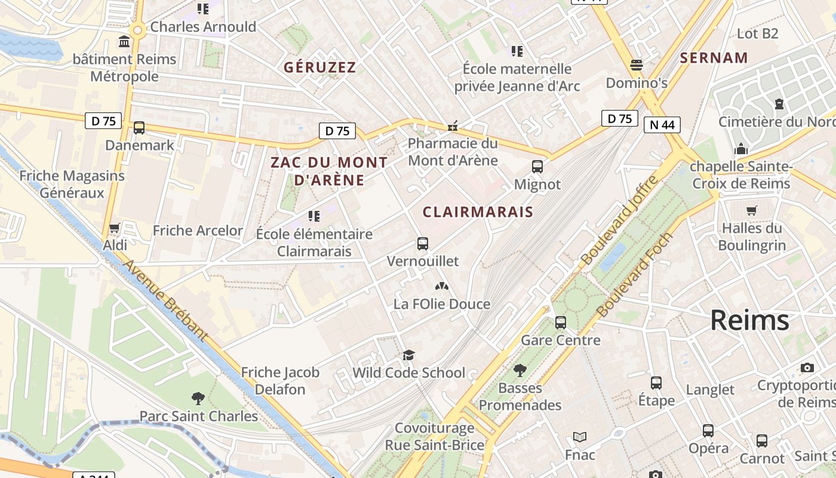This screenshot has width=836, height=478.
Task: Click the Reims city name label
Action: (x=749, y=321)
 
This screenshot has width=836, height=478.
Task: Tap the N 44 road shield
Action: (x=662, y=125)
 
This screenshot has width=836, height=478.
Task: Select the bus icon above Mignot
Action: (x=537, y=167)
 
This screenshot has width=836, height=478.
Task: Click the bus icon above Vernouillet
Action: (x=423, y=244)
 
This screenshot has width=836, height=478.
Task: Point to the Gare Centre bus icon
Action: (x=561, y=323)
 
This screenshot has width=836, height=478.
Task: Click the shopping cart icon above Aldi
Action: (x=115, y=228)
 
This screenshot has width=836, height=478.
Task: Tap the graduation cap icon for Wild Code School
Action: (x=408, y=356)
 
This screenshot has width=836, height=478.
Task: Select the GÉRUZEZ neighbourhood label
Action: (x=319, y=68)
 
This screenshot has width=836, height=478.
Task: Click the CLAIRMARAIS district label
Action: (x=478, y=212)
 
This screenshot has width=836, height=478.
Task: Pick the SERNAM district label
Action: (x=714, y=58)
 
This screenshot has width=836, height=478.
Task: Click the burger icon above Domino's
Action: (x=637, y=65)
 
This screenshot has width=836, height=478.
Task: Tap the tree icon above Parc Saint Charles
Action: (x=198, y=398)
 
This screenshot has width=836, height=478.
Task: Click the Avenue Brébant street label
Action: (x=165, y=300)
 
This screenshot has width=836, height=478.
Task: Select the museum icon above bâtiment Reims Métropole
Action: (x=124, y=42)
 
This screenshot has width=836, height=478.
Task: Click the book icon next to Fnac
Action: (x=580, y=437)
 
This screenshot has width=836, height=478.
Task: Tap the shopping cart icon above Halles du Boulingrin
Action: (x=752, y=210)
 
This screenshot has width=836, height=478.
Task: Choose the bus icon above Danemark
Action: (x=139, y=127)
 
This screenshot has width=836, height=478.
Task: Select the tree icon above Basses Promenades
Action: (x=520, y=370)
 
